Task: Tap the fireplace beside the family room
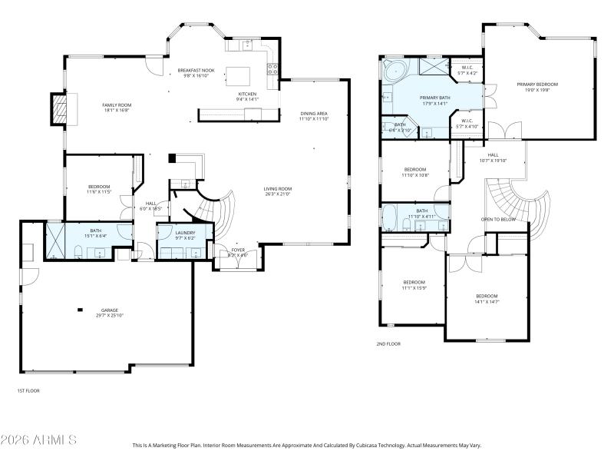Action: (x=59, y=109)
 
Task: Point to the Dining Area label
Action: (x=314, y=114)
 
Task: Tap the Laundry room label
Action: (x=185, y=233)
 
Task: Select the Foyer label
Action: (x=237, y=249)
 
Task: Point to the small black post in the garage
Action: (x=80, y=310)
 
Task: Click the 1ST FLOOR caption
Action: (x=28, y=391)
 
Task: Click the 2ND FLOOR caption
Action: (x=388, y=343)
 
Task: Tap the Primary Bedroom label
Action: (x=537, y=84)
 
